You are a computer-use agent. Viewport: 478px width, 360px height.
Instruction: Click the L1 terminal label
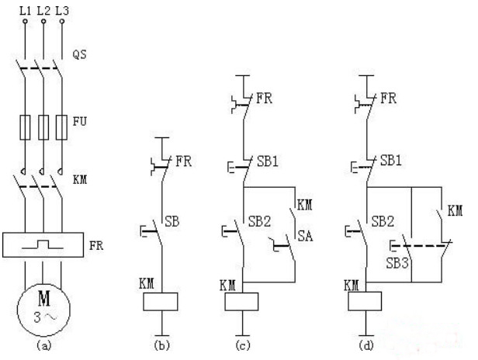25,10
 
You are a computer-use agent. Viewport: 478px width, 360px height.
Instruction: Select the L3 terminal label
62,10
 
